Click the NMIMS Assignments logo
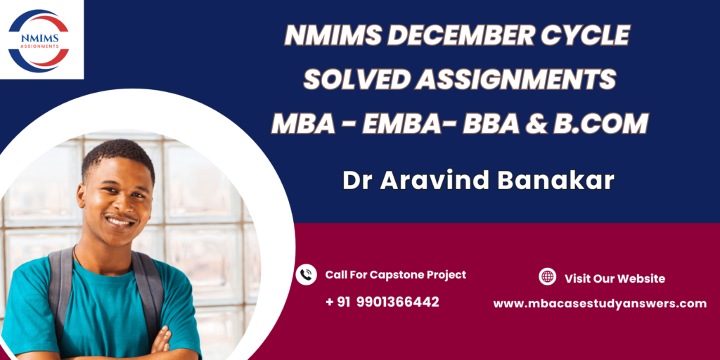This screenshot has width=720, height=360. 39,40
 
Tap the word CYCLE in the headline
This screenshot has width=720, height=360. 584,35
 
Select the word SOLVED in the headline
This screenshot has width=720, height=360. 356,79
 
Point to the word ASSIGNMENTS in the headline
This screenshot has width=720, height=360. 515,79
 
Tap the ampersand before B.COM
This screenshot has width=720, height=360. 536,124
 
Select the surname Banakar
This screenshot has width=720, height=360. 555,181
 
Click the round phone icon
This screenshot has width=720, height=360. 307,275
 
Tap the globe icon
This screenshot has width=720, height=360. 547,277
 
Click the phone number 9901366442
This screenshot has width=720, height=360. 397,302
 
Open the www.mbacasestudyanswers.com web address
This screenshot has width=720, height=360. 600,303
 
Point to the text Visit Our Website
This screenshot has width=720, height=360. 615,278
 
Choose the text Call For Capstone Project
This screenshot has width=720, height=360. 396,275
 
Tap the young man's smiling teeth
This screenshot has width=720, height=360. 120,221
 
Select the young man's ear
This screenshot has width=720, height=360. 82,197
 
